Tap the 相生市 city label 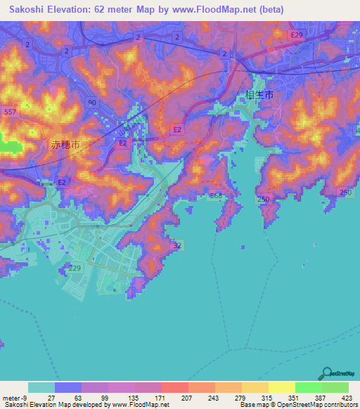(259, 94)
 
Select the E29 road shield (297, 34)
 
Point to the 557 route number (10, 112)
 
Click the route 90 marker (92, 102)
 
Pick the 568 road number (215, 195)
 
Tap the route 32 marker (177, 245)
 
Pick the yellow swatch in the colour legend (282, 387)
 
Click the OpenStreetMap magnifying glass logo (328, 372)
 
